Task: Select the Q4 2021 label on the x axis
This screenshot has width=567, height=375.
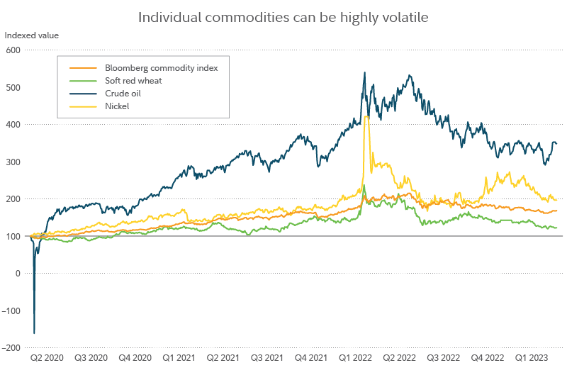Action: [x=312, y=359]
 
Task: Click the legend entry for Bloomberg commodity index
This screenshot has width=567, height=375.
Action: [x=161, y=68]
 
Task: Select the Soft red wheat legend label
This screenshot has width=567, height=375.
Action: [x=133, y=81]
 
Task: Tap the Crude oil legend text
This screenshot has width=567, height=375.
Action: [x=123, y=94]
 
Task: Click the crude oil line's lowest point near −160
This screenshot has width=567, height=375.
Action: [x=34, y=332]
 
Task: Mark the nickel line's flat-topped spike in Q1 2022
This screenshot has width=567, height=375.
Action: [x=366, y=117]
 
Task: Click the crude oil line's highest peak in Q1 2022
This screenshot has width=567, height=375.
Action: [x=364, y=72]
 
